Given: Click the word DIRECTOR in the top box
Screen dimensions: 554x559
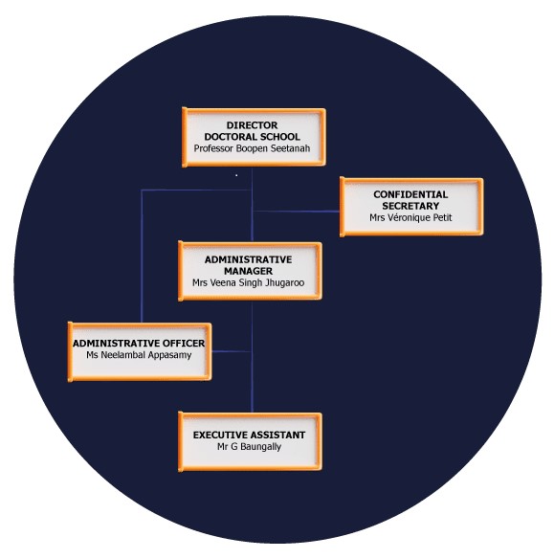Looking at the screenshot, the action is point(252,125).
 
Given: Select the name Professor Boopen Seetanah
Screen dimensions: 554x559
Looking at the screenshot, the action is point(252,148).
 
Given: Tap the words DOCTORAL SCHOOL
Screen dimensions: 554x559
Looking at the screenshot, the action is point(252,137).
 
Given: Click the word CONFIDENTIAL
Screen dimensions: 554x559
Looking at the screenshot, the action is point(410,194).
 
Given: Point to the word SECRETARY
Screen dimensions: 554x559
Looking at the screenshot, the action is point(410,206).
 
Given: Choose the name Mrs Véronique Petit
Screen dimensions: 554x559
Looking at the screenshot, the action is point(410,217).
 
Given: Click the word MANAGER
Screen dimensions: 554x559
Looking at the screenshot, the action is point(249,271).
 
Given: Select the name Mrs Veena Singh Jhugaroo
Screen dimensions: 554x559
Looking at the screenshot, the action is point(249,282).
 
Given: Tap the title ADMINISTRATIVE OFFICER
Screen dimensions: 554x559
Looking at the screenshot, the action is point(139,344).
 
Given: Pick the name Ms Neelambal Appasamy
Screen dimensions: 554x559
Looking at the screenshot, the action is point(139,355).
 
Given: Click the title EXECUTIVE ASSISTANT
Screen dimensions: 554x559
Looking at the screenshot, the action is point(249,435).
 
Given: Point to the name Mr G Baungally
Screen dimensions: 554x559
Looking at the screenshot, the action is point(249,447).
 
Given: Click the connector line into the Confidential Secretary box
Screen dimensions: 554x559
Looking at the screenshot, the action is point(296,212).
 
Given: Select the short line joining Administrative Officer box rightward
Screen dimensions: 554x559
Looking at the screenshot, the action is point(232,351).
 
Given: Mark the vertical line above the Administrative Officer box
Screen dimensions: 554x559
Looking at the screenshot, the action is point(142,256).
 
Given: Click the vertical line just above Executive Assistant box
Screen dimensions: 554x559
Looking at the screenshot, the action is point(252,382).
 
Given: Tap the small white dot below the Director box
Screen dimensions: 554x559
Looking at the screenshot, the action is point(236,175).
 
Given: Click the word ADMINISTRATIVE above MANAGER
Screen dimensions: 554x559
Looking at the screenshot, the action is point(249,259).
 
